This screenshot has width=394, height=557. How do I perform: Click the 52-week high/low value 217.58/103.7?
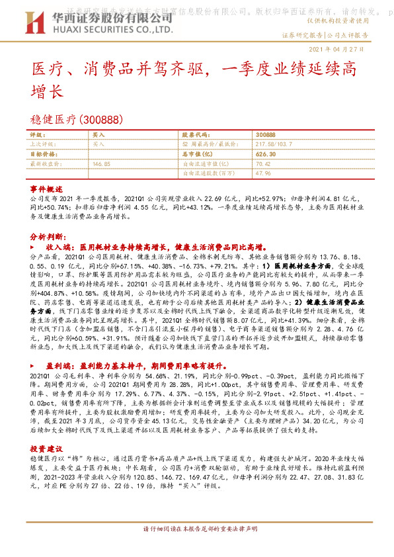pyautogui.click(x=275, y=143)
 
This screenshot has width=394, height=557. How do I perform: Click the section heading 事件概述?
pyautogui.click(x=46, y=188)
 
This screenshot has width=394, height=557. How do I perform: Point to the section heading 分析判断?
pyautogui.click(x=46, y=236)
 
